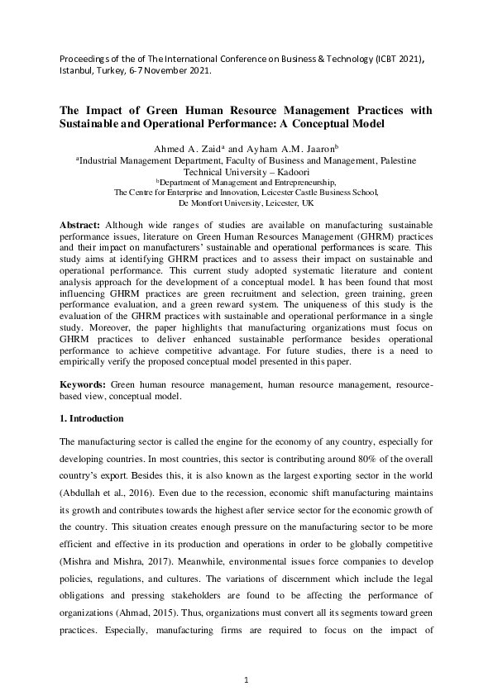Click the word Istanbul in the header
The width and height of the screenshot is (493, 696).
[76, 70]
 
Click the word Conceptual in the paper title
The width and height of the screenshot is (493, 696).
[333, 123]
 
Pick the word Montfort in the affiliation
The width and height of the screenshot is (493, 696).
[219, 203]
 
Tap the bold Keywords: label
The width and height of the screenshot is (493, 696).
[84, 385]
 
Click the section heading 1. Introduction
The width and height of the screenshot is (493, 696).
[92, 419]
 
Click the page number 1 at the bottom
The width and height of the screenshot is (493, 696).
[247, 679]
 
